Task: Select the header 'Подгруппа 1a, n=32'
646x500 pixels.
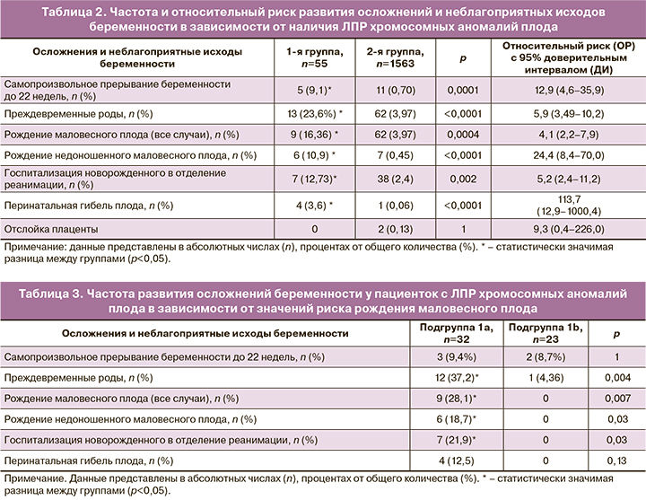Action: (x=450, y=334)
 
